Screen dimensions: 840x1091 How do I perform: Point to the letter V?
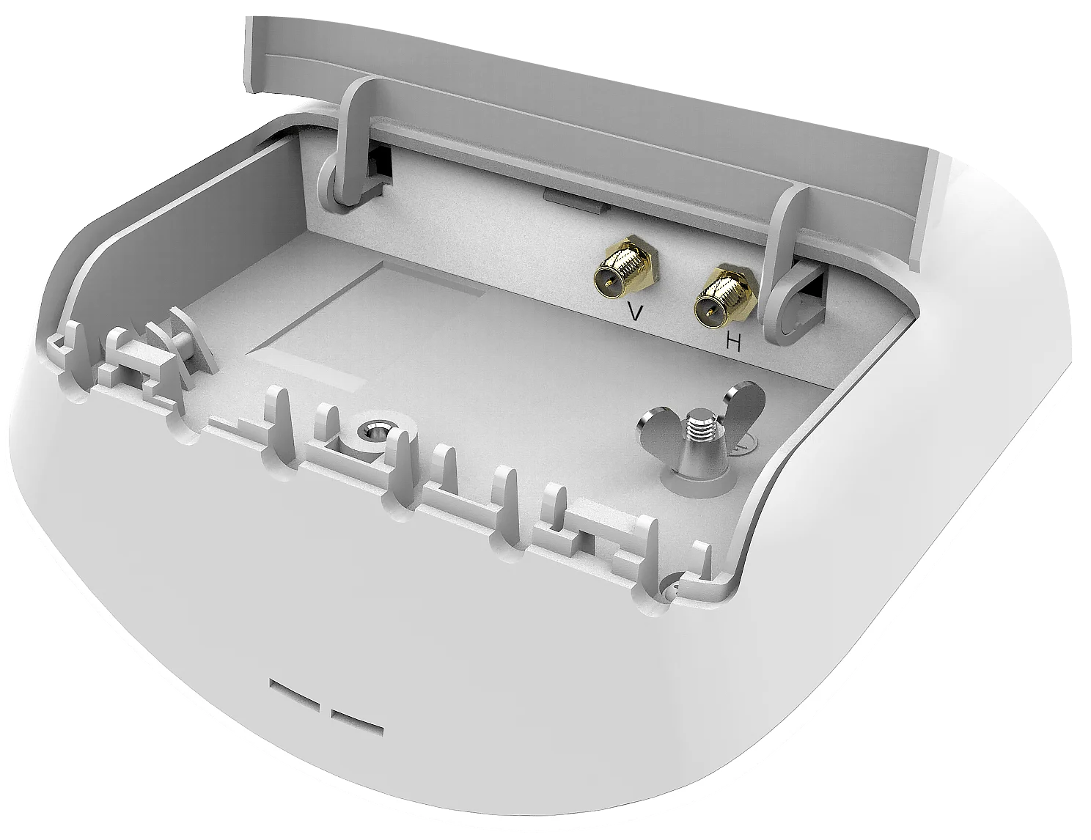coord(636,313)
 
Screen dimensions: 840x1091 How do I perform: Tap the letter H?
coord(734,342)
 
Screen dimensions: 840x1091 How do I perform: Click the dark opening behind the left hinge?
coord(381,168)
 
